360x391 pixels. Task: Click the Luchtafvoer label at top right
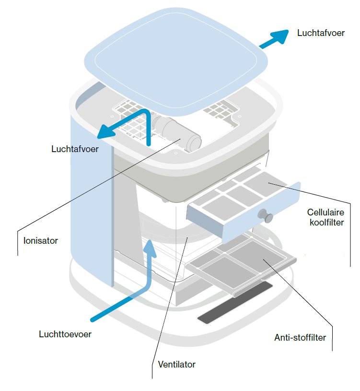tap(321, 33)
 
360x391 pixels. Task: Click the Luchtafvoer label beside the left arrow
tap(75, 149)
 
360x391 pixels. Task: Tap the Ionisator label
tap(41, 241)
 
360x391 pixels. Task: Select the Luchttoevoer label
tap(65, 334)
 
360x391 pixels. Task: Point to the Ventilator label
tap(176, 364)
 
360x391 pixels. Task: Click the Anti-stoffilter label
tap(300, 337)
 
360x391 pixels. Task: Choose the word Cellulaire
tap(325, 212)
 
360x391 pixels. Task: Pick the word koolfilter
tap(327, 222)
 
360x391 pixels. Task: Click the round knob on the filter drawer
tap(266, 215)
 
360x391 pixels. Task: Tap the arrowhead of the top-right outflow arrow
tap(281, 36)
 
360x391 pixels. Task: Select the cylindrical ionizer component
tap(176, 132)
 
